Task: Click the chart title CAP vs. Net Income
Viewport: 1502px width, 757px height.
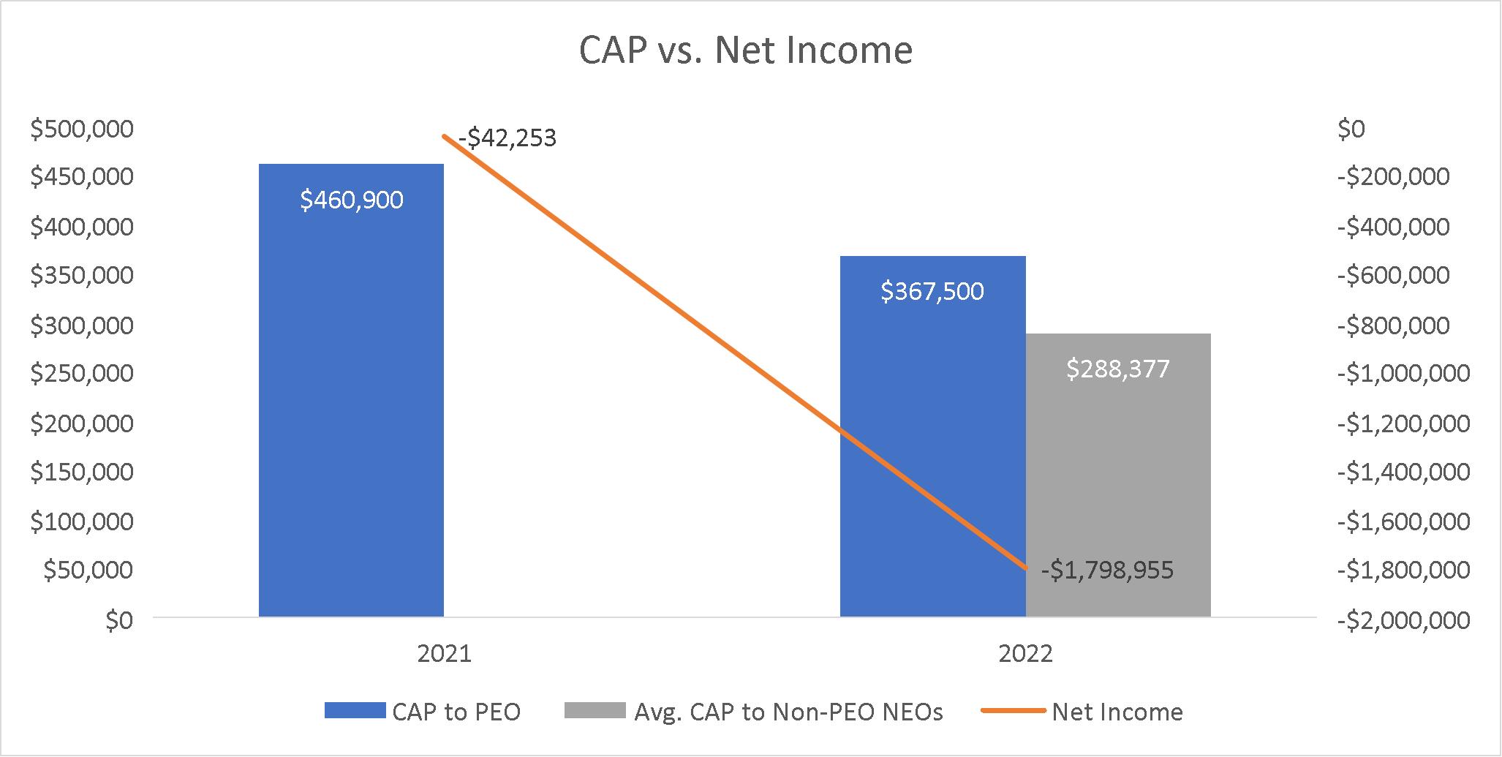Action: click(x=746, y=51)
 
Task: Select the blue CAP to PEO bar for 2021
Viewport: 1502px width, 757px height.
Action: click(x=351, y=391)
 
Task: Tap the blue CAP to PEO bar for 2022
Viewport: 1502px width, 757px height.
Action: click(x=932, y=437)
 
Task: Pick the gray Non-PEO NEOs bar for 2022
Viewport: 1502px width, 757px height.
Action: click(x=1118, y=475)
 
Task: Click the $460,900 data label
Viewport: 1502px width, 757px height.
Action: click(x=352, y=200)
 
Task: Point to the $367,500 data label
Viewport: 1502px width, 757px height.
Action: click(x=932, y=292)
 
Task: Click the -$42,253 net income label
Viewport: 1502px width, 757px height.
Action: click(x=507, y=138)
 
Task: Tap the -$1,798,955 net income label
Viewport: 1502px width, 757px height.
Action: click(x=1107, y=570)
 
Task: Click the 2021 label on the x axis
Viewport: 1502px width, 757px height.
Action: click(x=445, y=653)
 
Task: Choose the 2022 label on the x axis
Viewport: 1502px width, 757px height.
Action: click(x=1026, y=653)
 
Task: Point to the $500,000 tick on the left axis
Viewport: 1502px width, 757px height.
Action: click(x=82, y=129)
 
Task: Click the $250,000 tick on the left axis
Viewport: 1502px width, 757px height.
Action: click(x=82, y=374)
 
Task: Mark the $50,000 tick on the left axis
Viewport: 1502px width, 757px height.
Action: click(x=88, y=570)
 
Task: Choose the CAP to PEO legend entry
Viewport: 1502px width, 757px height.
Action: click(x=423, y=712)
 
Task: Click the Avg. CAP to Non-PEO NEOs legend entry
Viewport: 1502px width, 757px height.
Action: click(x=754, y=712)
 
